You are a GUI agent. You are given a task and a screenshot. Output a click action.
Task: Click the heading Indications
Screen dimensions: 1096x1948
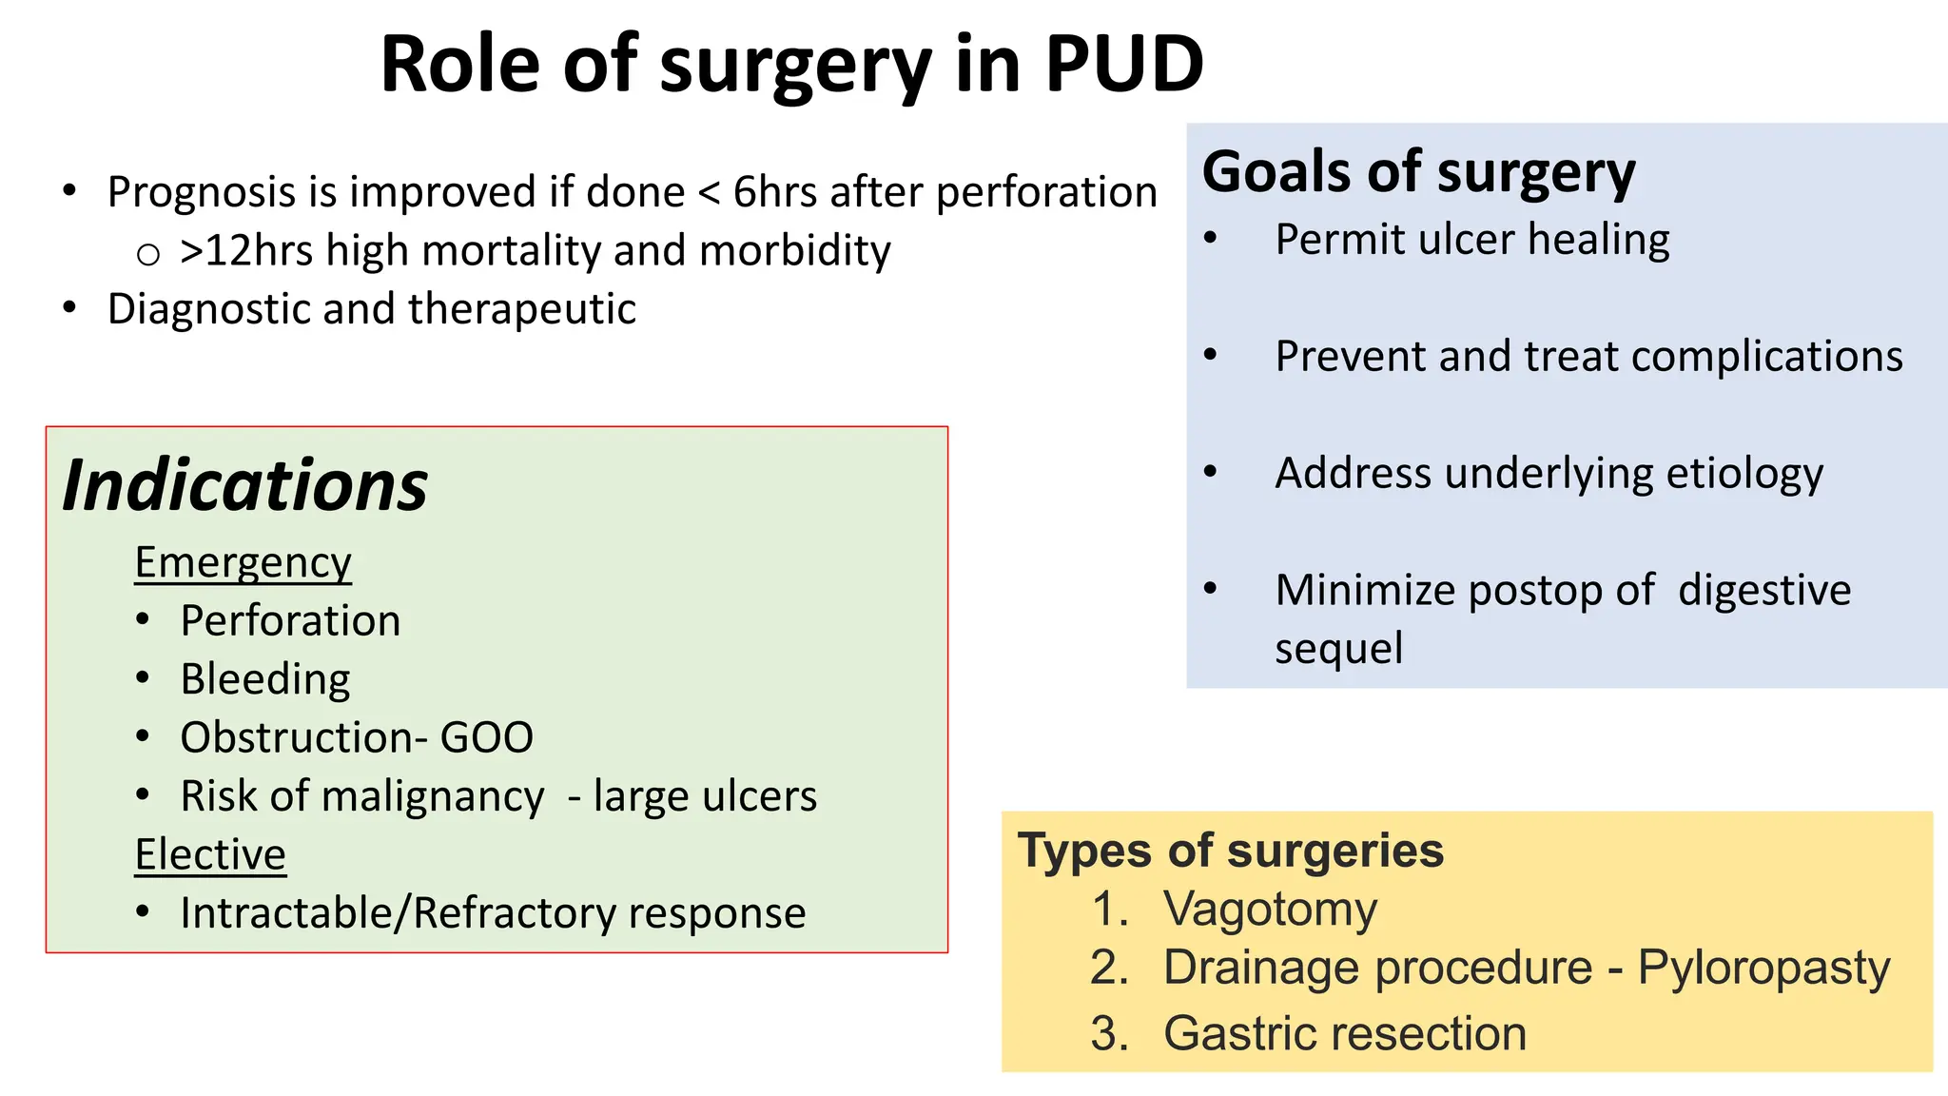coord(245,485)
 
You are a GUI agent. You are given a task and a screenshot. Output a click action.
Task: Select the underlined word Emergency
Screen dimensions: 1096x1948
coord(243,562)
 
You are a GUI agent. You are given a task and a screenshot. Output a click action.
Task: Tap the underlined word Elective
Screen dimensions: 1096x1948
coord(210,854)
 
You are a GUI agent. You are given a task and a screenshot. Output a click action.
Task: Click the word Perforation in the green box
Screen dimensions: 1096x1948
coord(290,621)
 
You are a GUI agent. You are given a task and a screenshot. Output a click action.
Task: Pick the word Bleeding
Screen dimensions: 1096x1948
coord(265,679)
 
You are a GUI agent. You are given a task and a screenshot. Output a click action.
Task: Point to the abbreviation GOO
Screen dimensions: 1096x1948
coord(486,738)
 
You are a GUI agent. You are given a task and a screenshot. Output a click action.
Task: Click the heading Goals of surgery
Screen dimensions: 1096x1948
coord(1418,172)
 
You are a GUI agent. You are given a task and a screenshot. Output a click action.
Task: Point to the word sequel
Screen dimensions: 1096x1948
coord(1338,650)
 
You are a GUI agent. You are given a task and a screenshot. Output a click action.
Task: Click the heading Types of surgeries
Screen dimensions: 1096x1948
coord(1230,851)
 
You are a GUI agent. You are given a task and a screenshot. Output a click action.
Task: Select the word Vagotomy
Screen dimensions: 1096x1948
coord(1270,910)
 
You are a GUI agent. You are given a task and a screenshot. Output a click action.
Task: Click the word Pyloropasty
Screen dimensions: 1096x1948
coord(1763,969)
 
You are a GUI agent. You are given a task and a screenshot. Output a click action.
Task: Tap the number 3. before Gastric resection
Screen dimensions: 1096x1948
coord(1109,1034)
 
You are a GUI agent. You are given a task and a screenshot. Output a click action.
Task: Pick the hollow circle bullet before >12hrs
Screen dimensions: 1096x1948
coord(147,254)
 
